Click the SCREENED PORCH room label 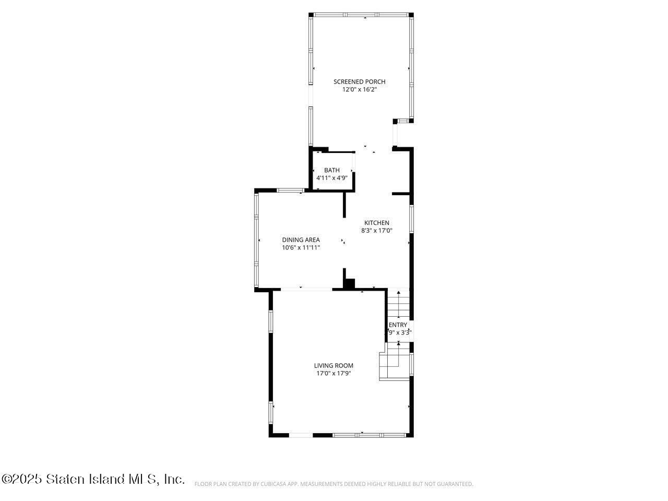[359, 81]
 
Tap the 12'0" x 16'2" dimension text [359, 90]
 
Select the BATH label [332, 170]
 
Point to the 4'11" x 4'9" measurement [332, 178]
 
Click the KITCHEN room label [376, 223]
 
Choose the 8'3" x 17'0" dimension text [376, 231]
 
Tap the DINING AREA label [301, 240]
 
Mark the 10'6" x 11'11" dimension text [301, 248]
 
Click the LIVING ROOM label [333, 365]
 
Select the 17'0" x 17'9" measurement [333, 373]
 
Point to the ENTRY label [398, 325]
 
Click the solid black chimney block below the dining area [349, 284]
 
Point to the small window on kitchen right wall [411, 219]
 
